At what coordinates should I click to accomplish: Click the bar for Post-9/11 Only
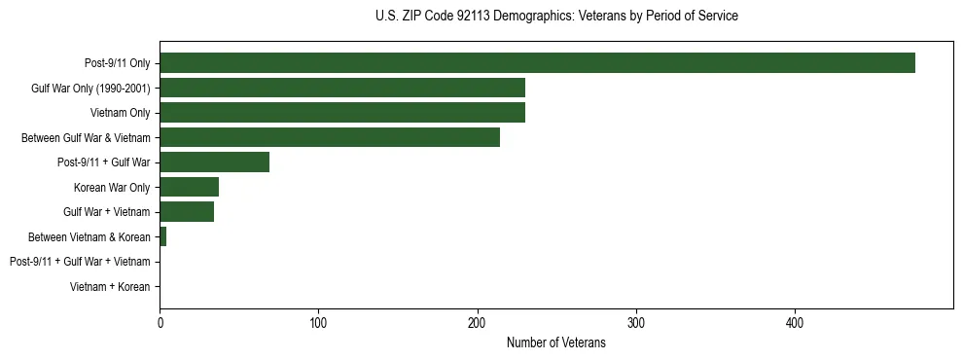point(537,63)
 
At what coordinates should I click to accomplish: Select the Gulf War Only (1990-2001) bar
point(342,88)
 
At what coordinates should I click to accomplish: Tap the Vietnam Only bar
point(342,113)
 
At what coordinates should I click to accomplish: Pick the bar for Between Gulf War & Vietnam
point(330,137)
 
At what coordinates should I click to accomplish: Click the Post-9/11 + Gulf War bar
point(214,162)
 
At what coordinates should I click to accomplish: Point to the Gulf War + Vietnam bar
point(187,212)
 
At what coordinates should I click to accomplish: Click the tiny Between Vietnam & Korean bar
point(162,236)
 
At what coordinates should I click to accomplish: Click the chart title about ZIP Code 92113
point(556,17)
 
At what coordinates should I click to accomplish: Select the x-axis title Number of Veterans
point(556,343)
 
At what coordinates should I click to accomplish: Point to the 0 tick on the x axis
point(160,322)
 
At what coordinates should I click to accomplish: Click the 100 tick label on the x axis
point(318,322)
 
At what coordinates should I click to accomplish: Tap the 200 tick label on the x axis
point(477,322)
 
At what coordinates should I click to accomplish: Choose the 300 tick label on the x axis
point(636,322)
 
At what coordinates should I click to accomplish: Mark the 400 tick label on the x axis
point(795,322)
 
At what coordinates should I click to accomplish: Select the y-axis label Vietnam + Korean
point(110,287)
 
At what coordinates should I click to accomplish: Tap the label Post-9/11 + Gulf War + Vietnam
point(80,262)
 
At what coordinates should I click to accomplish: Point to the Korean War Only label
point(112,187)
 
